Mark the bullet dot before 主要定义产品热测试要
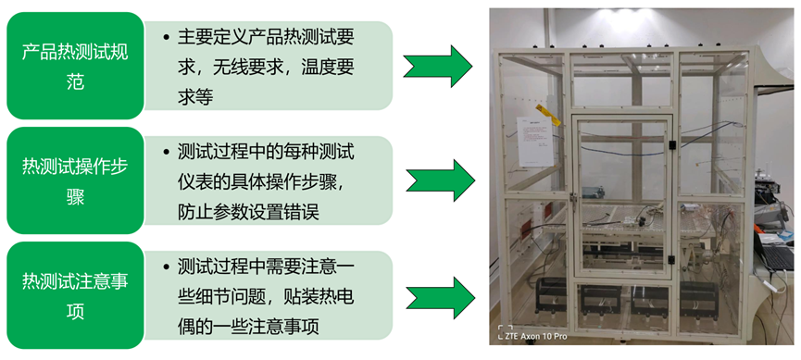165,38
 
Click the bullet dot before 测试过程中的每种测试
165,152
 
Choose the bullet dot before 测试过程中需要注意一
165,267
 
